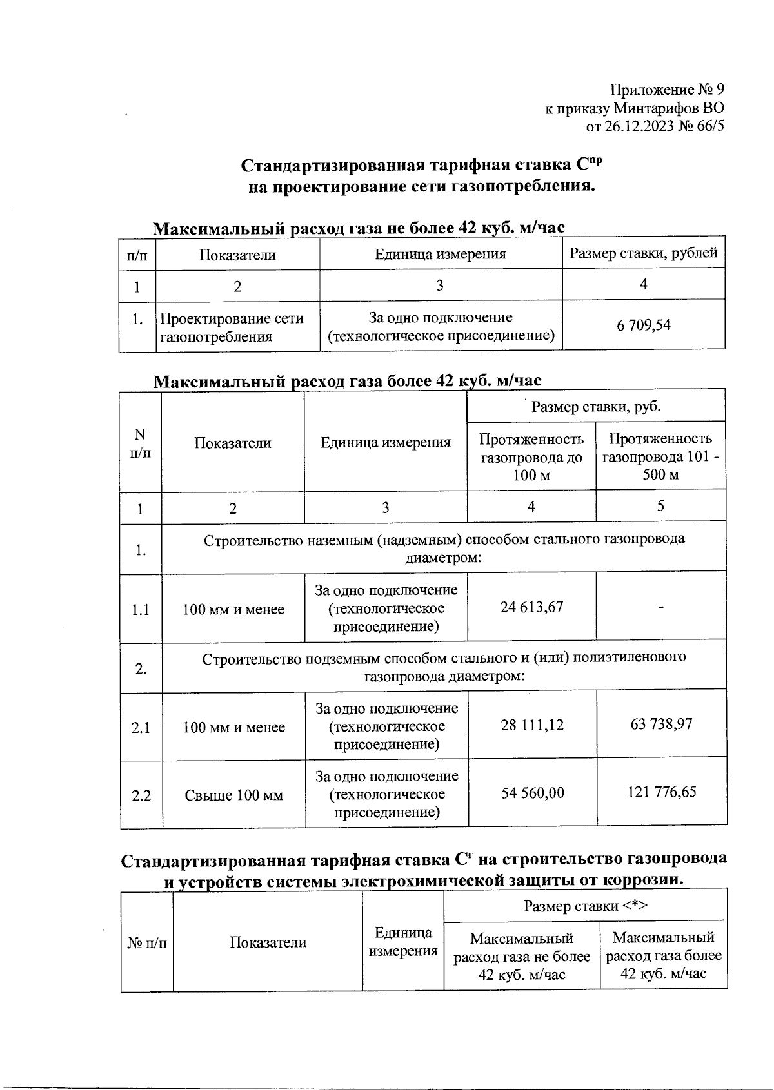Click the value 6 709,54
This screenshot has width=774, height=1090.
pyautogui.click(x=643, y=326)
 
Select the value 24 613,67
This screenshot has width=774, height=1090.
pyautogui.click(x=531, y=607)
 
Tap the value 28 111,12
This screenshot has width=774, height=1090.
pyautogui.click(x=532, y=725)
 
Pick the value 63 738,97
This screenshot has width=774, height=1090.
pyautogui.click(x=661, y=724)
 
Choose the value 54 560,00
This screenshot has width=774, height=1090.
pyautogui.click(x=533, y=792)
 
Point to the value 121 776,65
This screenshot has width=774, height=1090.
pyautogui.click(x=662, y=792)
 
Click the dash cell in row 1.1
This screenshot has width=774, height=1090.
pyautogui.click(x=661, y=607)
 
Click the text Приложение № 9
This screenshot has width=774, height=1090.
pyautogui.click(x=667, y=90)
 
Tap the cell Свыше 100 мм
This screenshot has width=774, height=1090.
pyautogui.click(x=233, y=795)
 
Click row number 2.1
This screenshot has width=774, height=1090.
pyautogui.click(x=141, y=728)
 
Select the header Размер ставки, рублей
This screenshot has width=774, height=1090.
pyautogui.click(x=643, y=253)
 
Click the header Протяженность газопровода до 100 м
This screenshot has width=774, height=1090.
pyautogui.click(x=531, y=457)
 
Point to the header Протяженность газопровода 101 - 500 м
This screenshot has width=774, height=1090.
pyautogui.click(x=660, y=456)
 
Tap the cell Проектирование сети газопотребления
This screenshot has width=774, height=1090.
pyautogui.click(x=232, y=327)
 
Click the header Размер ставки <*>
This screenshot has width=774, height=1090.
pyautogui.click(x=585, y=906)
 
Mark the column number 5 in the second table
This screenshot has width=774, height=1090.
pyautogui.click(x=660, y=506)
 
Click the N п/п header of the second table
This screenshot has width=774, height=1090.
pyautogui.click(x=140, y=443)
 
